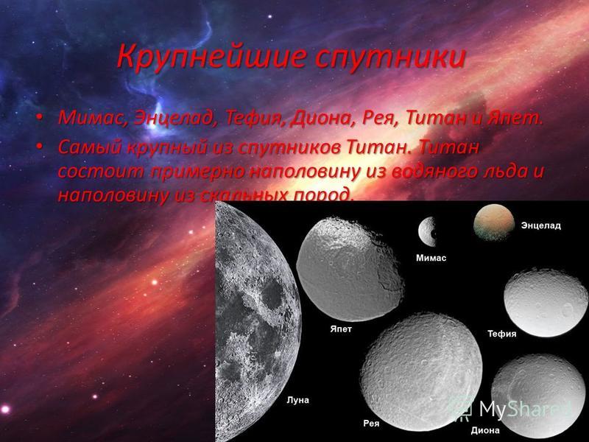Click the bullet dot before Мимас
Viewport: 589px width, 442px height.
40,119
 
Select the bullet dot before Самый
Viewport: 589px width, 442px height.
40,147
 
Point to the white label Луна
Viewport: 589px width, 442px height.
298,400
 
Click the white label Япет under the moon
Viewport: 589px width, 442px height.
341,329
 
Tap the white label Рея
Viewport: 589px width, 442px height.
371,424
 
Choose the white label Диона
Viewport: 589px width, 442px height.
485,431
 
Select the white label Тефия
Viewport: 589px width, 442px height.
502,334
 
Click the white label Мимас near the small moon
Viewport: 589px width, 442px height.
431,259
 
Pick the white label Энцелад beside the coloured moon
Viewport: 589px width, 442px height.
541,226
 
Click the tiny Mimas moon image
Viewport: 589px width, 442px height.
427,231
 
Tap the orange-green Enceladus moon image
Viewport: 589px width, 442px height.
493,222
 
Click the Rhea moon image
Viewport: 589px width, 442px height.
421,372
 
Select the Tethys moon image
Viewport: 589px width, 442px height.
546,303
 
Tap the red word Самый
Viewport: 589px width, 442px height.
90,148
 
